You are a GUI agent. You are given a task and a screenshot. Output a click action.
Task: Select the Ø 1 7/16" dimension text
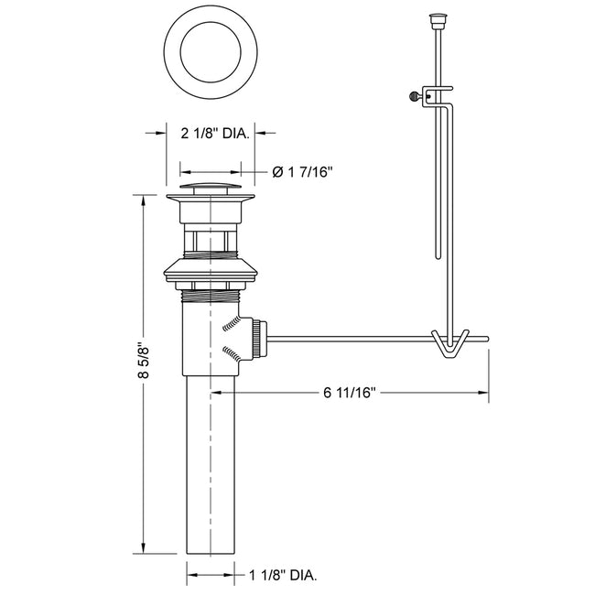point(303,171)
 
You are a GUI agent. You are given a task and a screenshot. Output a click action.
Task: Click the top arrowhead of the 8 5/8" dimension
point(143,203)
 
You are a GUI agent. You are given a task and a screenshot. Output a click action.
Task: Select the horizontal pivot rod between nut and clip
point(348,337)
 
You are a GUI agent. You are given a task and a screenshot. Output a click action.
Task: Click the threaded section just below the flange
point(211,294)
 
